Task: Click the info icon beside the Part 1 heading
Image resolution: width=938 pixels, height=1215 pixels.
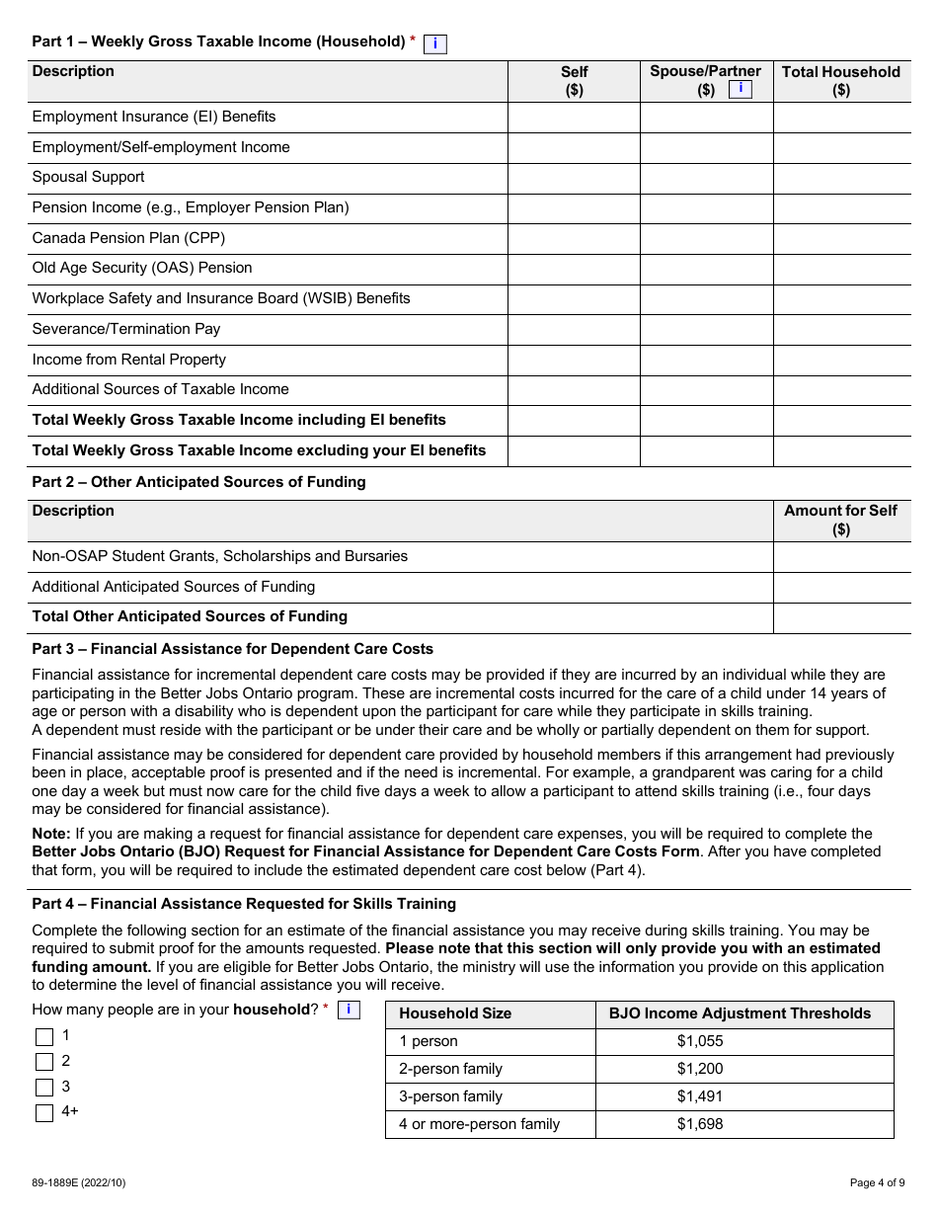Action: point(434,43)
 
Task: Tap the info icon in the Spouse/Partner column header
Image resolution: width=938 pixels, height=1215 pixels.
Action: point(741,89)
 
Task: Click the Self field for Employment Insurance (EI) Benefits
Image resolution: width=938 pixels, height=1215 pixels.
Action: point(574,118)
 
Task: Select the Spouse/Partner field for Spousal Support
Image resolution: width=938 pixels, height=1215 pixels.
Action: point(706,178)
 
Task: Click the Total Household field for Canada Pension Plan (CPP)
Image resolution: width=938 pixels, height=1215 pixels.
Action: point(841,239)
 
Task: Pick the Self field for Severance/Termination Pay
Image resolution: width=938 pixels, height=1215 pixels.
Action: point(574,330)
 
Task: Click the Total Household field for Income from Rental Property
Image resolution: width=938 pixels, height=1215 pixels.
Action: point(841,361)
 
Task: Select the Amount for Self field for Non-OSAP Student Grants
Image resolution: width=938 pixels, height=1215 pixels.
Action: point(841,557)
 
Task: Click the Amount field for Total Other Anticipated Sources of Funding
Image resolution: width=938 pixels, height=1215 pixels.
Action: point(841,617)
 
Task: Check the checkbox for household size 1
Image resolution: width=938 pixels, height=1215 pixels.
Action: point(44,1037)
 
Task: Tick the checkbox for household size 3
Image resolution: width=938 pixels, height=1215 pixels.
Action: point(44,1088)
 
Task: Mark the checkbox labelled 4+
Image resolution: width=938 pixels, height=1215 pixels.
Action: point(44,1113)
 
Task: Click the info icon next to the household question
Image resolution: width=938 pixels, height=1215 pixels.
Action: point(348,1010)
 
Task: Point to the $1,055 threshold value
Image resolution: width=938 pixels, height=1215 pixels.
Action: point(700,1041)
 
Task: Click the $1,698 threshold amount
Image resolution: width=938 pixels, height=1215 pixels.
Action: point(700,1124)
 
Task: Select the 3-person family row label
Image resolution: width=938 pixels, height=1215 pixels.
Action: point(450,1096)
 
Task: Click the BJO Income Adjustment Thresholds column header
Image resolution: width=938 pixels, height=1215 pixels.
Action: point(740,1013)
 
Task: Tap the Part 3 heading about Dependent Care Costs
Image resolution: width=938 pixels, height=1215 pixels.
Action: point(232,649)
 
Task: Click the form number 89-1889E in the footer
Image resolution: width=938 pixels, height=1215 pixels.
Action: point(79,1181)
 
